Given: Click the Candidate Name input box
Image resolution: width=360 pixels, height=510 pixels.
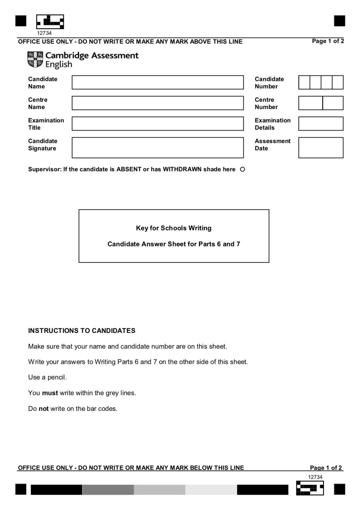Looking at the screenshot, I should [x=158, y=82].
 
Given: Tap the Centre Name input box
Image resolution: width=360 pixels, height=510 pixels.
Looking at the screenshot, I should [x=158, y=103].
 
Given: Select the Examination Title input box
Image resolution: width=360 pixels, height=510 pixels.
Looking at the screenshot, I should [x=158, y=124].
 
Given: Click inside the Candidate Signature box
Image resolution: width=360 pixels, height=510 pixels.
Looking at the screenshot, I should [x=158, y=147].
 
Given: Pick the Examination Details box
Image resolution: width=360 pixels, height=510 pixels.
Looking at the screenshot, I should [x=321, y=124].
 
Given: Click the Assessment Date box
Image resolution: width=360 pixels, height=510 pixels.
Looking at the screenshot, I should [x=321, y=147].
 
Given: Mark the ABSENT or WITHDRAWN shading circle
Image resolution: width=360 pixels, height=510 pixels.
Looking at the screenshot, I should [x=242, y=169].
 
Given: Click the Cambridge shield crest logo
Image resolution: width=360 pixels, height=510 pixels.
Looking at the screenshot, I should [x=35, y=60].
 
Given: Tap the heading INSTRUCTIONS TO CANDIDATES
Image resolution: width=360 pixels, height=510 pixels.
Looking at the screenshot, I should [x=82, y=331].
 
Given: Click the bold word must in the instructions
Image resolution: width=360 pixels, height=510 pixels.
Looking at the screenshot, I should [x=50, y=393].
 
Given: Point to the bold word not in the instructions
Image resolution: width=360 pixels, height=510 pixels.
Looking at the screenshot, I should [x=44, y=409].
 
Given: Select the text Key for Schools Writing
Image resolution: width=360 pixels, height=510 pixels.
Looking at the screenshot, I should [x=174, y=228].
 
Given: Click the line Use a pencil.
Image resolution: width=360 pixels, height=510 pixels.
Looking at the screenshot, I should [x=47, y=377].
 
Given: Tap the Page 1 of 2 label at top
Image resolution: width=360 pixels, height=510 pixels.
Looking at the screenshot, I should [x=328, y=41].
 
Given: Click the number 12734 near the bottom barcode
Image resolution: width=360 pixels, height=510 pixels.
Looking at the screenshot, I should [x=315, y=477].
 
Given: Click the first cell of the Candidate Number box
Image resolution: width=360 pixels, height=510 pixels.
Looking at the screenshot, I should [x=304, y=82].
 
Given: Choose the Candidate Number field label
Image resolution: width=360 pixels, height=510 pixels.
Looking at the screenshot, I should [x=269, y=83].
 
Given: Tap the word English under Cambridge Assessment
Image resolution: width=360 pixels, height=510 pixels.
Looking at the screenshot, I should [x=59, y=64].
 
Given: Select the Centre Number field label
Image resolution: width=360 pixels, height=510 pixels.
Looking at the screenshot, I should [x=266, y=103].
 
